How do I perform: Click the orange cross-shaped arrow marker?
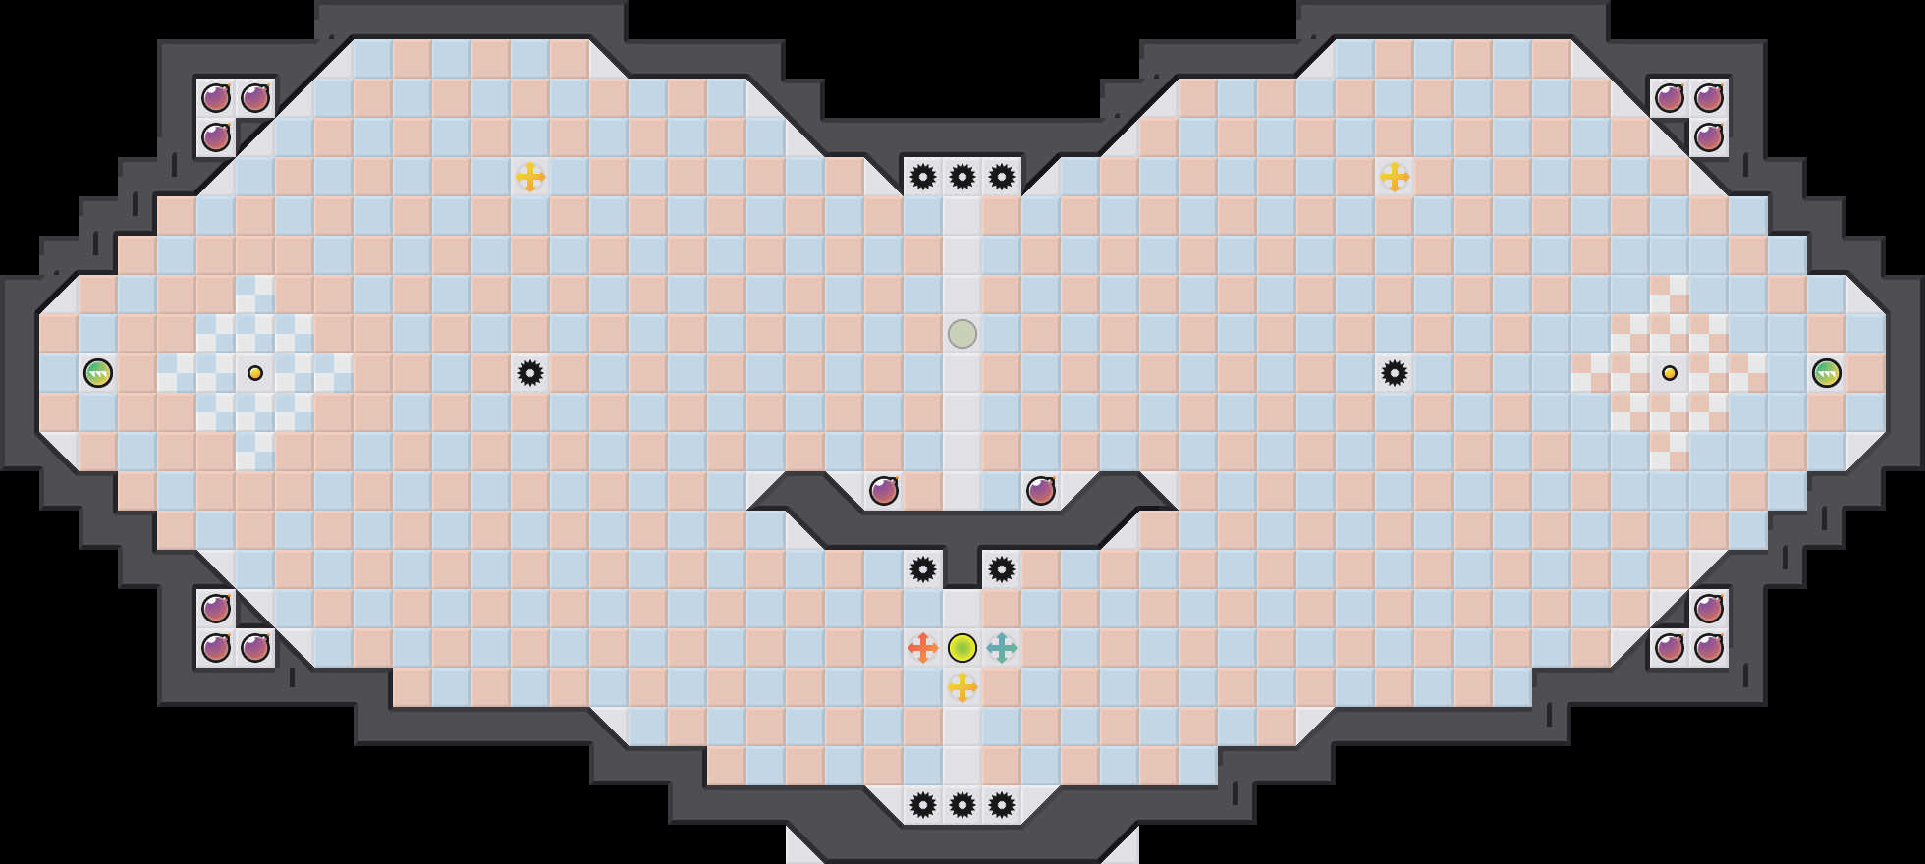923,648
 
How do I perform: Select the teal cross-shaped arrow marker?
1002,648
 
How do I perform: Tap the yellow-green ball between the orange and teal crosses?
962,648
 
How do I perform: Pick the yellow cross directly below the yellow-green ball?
962,687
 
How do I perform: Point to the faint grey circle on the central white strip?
962,334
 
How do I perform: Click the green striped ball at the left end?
98,373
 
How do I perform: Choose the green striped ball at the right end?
1827,373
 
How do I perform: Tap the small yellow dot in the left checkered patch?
255,373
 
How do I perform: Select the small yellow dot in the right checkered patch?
1670,373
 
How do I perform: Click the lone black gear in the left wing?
530,373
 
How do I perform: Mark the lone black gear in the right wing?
1395,373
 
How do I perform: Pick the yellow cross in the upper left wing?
530,177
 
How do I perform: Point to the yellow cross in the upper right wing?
1395,177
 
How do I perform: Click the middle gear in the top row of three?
962,177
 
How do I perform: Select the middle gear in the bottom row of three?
962,805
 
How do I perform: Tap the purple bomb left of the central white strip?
884,491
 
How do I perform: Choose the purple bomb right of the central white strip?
1041,491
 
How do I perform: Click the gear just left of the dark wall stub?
923,569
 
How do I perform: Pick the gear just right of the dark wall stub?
1002,569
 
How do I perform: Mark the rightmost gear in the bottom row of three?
1002,805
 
